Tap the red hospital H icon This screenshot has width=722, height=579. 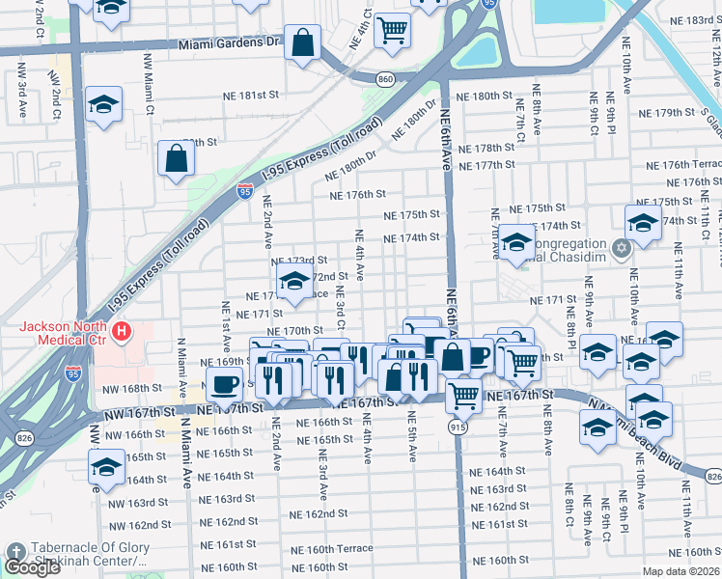122,334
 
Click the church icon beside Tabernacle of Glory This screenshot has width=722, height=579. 16,553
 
